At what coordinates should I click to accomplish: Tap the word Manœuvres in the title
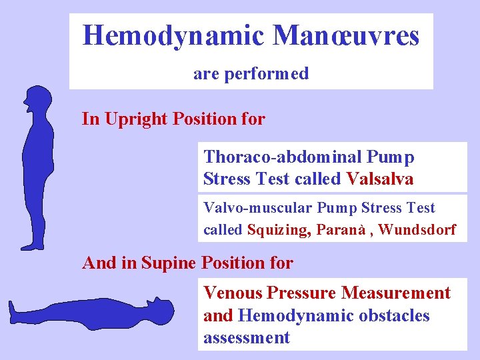pyautogui.click(x=347, y=35)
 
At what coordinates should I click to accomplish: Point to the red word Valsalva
pyautogui.click(x=380, y=179)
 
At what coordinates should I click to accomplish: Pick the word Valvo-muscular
pyautogui.click(x=257, y=208)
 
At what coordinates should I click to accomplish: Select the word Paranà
pyautogui.click(x=341, y=230)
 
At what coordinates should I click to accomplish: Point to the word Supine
pyautogui.click(x=169, y=263)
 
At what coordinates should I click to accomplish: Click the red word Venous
pyautogui.click(x=233, y=293)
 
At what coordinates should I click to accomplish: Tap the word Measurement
pyautogui.click(x=395, y=293)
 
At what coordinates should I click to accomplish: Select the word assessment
pyautogui.click(x=247, y=338)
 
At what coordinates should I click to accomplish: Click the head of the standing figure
pyautogui.click(x=38, y=100)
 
